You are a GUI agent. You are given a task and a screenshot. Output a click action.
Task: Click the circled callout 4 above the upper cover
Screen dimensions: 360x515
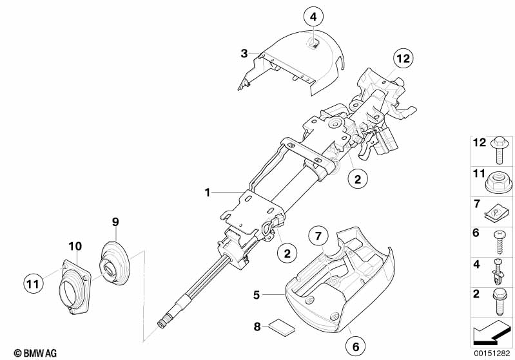coord(313,17)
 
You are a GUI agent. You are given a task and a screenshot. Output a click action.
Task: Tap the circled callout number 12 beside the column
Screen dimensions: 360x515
coord(403,59)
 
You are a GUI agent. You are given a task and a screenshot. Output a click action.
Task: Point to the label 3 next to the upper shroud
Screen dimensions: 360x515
coord(244,54)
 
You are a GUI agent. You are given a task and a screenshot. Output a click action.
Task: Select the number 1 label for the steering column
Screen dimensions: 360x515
coord(208,192)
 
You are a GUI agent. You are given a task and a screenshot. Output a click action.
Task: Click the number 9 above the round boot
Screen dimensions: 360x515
coord(116,222)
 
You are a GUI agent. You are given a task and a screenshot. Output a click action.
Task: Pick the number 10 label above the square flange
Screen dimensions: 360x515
coord(75,245)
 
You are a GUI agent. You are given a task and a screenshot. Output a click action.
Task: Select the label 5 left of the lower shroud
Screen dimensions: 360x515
coord(256,296)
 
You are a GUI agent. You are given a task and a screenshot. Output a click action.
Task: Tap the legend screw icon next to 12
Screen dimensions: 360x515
coord(500,148)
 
